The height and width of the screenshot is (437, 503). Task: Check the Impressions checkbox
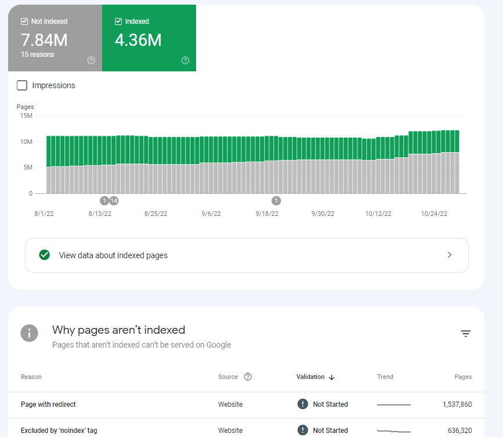22,85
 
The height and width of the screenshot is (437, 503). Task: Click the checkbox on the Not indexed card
24,21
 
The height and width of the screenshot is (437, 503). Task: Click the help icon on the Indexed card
185,60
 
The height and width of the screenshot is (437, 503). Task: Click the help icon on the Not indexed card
91,60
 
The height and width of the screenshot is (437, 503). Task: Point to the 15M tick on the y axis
26,115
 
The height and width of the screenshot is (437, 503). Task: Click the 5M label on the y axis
27,168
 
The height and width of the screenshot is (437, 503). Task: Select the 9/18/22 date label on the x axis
267,214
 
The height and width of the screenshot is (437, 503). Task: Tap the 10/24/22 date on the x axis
434,214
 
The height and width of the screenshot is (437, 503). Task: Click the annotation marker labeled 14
114,201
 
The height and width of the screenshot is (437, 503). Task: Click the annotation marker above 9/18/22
276,201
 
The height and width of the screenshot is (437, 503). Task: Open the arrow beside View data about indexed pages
450,255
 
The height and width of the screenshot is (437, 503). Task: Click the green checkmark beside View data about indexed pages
44,255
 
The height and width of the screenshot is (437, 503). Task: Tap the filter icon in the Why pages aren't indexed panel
465,333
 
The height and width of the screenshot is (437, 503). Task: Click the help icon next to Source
248,377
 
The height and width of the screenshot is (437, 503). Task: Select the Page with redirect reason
48,405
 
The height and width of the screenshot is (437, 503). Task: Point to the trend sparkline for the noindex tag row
393,431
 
